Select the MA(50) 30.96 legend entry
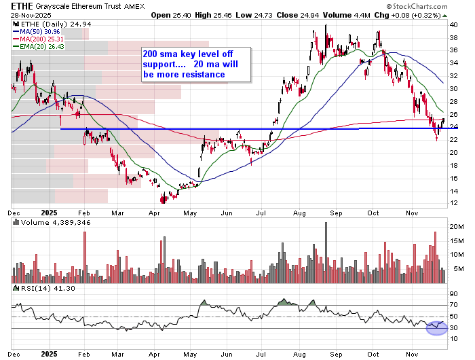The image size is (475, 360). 35,31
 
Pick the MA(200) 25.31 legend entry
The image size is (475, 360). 37,39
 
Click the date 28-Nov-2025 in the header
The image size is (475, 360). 27,15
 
